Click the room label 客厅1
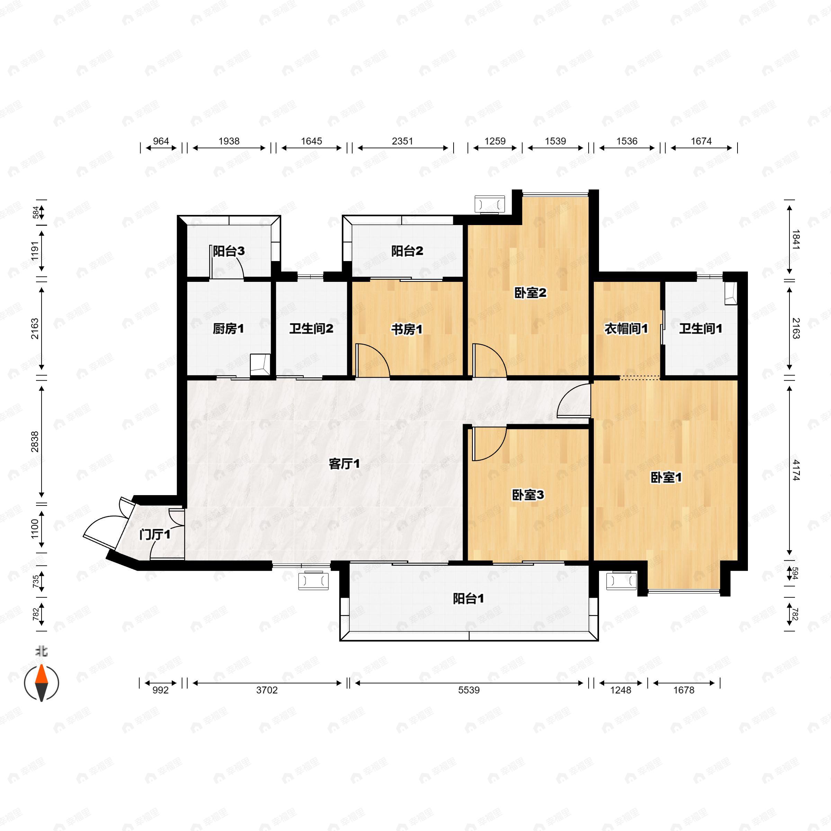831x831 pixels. [x=344, y=464]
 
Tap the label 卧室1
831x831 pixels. [x=666, y=477]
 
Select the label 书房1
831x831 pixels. [x=406, y=330]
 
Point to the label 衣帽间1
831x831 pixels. [x=626, y=329]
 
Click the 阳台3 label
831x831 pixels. [x=229, y=251]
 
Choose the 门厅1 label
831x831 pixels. [x=155, y=535]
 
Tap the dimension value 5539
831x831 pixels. [x=468, y=690]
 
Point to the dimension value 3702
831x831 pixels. [x=267, y=690]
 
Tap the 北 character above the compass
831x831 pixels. [x=41, y=652]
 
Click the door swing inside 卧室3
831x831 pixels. [x=489, y=444]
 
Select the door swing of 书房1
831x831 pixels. [x=373, y=361]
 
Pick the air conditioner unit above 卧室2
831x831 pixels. [x=490, y=204]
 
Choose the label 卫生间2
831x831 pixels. [x=311, y=329]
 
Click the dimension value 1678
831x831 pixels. [x=683, y=690]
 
